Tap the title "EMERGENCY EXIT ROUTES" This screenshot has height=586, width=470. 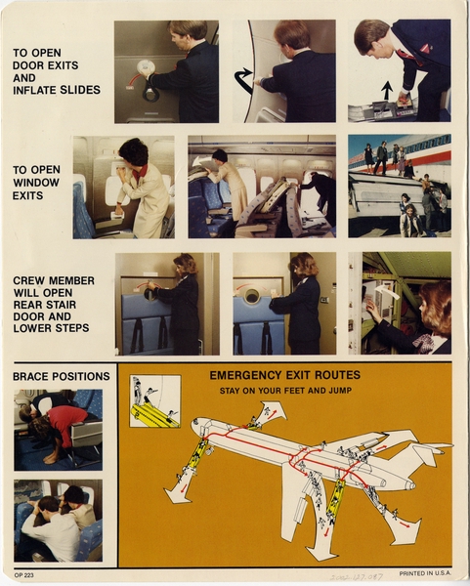pyautogui.click(x=284, y=375)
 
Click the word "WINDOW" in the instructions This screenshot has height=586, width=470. pyautogui.click(x=37, y=183)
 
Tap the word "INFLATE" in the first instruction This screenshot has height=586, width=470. pyautogui.click(x=36, y=90)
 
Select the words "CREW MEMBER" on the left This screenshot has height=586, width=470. pyautogui.click(x=54, y=280)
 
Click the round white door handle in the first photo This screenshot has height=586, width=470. pyautogui.click(x=146, y=68)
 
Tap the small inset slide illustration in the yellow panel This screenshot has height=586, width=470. pyautogui.click(x=154, y=401)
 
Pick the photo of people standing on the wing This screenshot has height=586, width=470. pyautogui.click(x=399, y=186)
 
